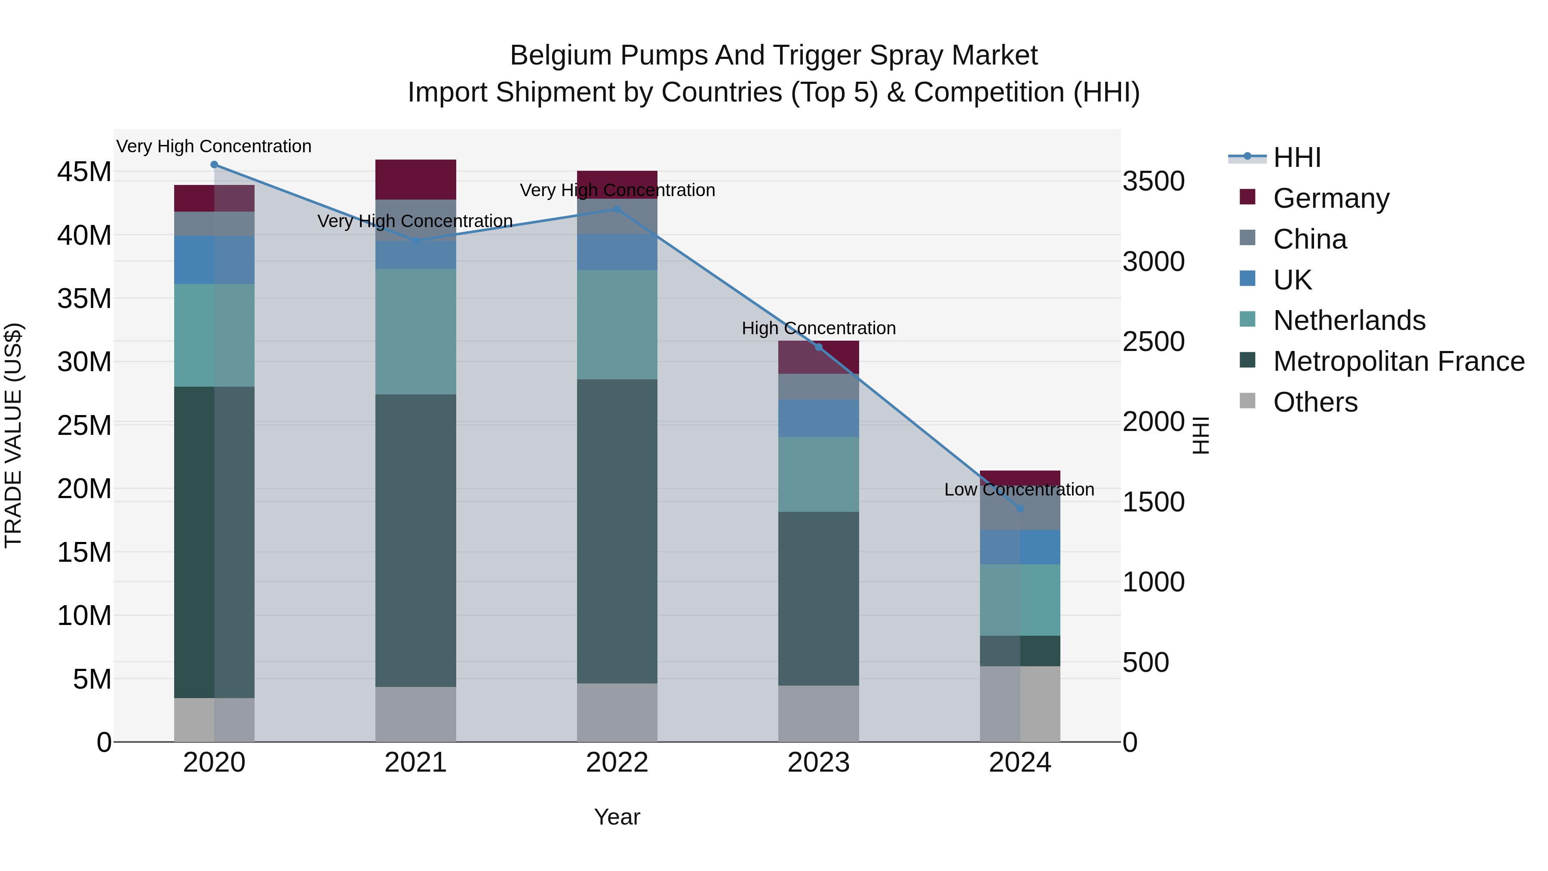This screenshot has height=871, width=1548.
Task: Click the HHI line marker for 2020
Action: (x=214, y=165)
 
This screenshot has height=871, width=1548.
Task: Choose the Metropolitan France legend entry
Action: (x=1398, y=361)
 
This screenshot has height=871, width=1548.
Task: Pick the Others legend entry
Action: (x=1315, y=402)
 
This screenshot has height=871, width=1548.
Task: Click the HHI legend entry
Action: (x=1297, y=157)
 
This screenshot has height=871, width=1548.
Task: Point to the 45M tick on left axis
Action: (x=84, y=172)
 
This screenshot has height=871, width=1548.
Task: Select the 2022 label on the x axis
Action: (x=617, y=763)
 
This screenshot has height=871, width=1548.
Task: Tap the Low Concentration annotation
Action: (x=1019, y=490)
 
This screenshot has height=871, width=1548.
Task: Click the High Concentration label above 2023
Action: (x=818, y=328)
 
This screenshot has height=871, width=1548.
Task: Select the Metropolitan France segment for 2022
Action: (x=617, y=531)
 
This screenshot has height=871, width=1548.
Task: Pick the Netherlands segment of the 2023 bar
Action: (x=818, y=474)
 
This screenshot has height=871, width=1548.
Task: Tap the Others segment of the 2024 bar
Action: (x=1020, y=703)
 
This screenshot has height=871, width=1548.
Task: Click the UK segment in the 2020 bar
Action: (x=214, y=260)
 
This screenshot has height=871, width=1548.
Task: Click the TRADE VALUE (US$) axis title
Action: (x=13, y=435)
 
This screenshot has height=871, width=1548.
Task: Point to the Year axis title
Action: (x=617, y=818)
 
